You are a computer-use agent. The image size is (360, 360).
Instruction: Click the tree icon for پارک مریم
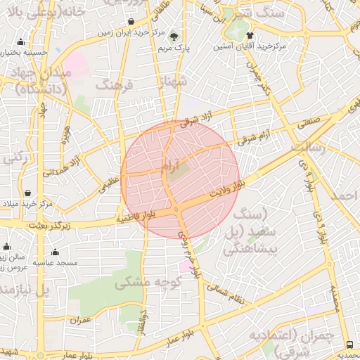(x=174, y=37)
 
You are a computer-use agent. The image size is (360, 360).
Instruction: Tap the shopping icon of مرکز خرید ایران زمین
(x=133, y=20)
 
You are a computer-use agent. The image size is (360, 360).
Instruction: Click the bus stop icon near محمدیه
(x=350, y=344)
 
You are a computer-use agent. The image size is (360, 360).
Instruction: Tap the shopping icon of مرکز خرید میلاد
(x=27, y=192)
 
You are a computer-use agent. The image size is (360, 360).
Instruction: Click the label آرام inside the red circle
(x=167, y=165)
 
